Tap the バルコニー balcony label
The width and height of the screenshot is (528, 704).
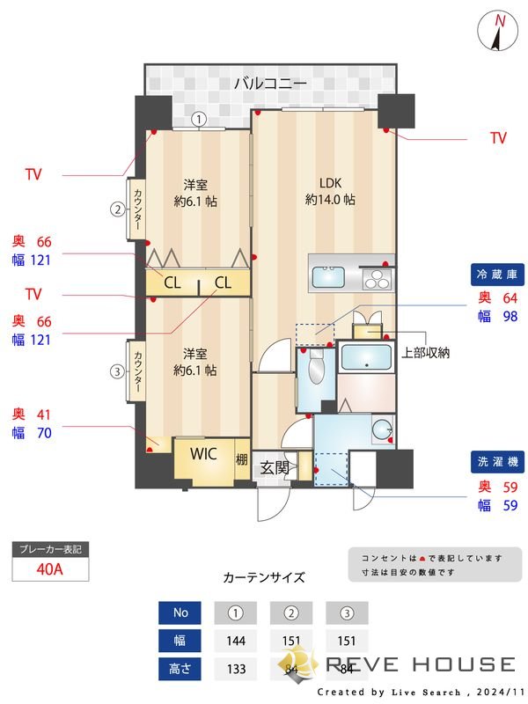tap(270, 84)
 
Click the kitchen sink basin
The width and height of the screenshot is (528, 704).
tap(329, 277)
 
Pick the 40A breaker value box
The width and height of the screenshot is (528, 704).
tap(51, 568)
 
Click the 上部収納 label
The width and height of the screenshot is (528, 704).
tap(426, 353)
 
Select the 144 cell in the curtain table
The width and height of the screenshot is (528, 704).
tap(236, 640)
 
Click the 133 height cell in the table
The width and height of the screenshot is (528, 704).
tap(236, 668)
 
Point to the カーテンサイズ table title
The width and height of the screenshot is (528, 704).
tap(264, 578)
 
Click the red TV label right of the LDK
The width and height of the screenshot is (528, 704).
tap(498, 138)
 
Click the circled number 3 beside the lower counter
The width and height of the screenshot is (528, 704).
tap(117, 371)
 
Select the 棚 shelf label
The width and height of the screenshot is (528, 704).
tap(241, 458)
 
